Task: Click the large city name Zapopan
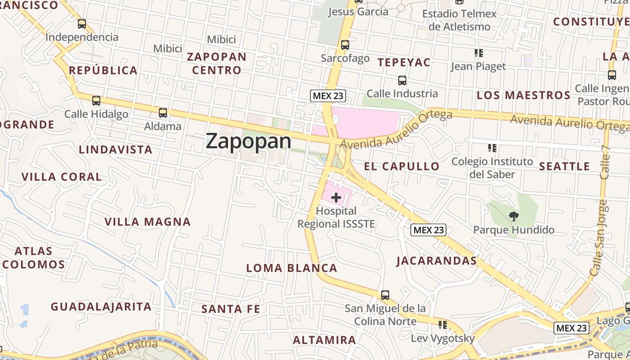coord(248,141)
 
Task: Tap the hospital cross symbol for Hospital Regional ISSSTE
coord(336,197)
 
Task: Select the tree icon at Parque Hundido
coord(513,216)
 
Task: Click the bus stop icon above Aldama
coord(163,113)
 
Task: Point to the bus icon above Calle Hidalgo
coord(96,101)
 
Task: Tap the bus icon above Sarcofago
coord(345,45)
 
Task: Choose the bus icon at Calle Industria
coord(402,81)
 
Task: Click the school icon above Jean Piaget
coord(478,53)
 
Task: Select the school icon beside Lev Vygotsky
coord(443,324)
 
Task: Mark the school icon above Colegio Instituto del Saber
coord(492,148)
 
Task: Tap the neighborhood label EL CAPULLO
coord(401,166)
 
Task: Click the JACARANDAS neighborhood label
coord(436,261)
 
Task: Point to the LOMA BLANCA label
coord(292,268)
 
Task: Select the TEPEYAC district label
coord(404,62)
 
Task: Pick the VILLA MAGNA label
coord(148,221)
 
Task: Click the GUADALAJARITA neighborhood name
coord(101,306)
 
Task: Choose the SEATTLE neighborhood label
coord(564,166)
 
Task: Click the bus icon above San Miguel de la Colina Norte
coord(385,295)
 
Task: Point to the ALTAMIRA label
coord(324,340)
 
